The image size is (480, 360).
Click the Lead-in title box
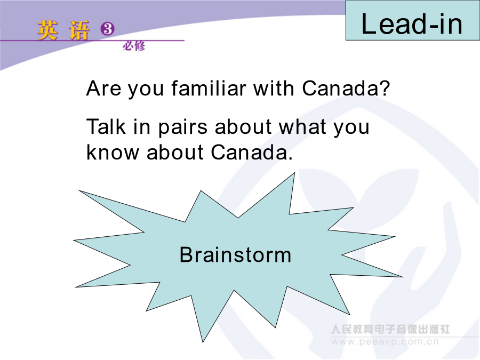pos(413,20)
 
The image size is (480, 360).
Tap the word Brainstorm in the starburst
pos(235,255)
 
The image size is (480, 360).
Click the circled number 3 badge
pos(107,29)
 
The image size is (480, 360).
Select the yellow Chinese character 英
pos(47,30)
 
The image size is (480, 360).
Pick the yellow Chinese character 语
pos(79,30)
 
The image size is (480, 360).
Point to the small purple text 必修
pos(134,46)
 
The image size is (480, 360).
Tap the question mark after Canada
pos(385,88)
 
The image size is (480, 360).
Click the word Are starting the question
pos(103,88)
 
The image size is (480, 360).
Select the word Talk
pos(106,126)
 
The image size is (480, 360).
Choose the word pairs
pos(183,128)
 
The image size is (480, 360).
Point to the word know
pos(113,152)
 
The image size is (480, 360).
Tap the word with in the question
pos(274,88)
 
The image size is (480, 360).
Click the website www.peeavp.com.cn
pos(385,341)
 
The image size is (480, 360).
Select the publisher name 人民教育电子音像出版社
pos(390,329)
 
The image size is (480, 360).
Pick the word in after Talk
pos(142,126)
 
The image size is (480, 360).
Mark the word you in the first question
pos(146,90)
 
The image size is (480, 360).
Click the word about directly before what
pos(243,126)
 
